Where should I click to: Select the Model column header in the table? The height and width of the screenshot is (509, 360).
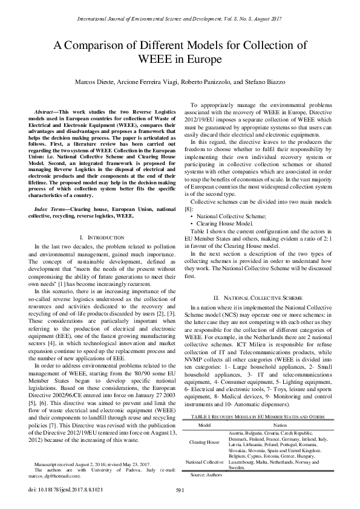205,425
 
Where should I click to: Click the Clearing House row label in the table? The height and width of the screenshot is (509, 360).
205,442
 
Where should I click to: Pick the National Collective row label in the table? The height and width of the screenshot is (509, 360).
205,462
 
